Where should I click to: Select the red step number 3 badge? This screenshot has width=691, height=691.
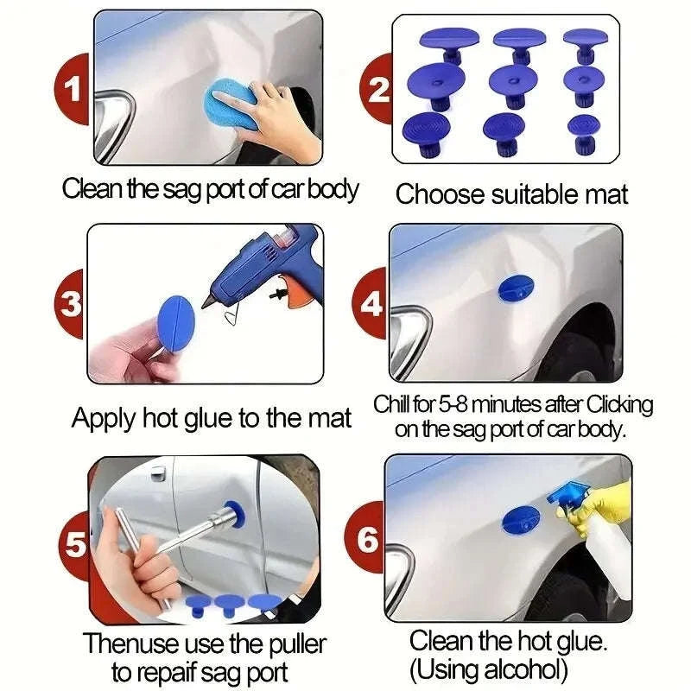point(72,304)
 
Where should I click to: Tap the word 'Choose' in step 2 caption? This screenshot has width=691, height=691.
point(441,194)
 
